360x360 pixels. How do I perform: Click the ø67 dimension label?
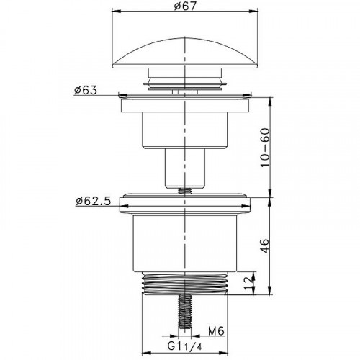[185, 6]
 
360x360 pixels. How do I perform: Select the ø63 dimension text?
[86, 90]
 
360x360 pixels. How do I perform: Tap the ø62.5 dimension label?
[94, 201]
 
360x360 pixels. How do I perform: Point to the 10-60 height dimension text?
[266, 148]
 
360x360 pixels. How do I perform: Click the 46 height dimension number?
[266, 246]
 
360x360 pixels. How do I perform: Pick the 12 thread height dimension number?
[248, 283]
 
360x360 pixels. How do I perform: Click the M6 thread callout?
[216, 331]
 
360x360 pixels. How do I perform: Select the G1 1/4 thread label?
[185, 346]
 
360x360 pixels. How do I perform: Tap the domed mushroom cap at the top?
[185, 53]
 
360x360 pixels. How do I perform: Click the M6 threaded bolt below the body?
[185, 312]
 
